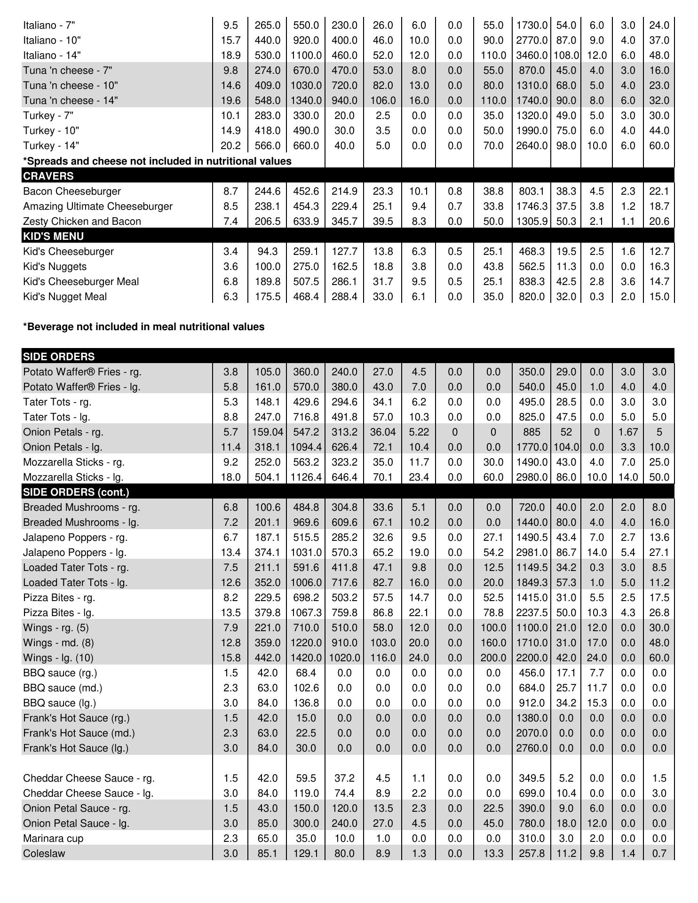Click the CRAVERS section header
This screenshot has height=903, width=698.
[x=48, y=176]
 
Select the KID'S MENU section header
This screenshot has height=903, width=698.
[x=54, y=237]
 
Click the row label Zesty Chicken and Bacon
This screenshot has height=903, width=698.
[x=82, y=222]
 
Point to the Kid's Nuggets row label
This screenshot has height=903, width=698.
[x=55, y=267]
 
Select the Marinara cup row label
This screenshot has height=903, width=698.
[x=53, y=839]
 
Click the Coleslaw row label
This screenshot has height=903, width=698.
[x=44, y=854]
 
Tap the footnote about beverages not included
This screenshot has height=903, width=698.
[x=143, y=327]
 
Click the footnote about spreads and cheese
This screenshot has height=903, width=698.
[x=157, y=161]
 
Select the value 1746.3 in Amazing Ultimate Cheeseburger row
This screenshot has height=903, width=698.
[x=531, y=206]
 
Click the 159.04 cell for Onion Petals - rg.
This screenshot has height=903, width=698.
[x=267, y=432]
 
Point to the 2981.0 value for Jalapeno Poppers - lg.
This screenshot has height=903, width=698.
[x=531, y=553]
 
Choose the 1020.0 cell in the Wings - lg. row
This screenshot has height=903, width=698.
[x=344, y=658]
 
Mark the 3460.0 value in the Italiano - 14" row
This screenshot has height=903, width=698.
[x=531, y=55]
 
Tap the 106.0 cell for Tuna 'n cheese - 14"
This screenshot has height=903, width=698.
[x=383, y=101]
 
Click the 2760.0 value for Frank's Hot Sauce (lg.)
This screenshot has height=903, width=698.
[x=531, y=748]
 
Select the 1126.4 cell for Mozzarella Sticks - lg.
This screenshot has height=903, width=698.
[x=306, y=477]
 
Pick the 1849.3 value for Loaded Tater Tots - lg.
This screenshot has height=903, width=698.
[x=531, y=583]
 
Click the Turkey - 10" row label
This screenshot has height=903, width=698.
[x=51, y=131]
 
